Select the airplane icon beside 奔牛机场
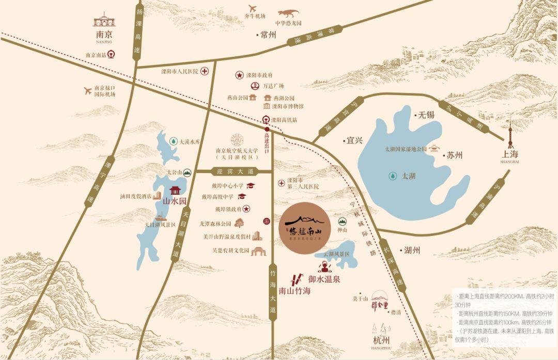point(253,8)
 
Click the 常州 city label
point(269,35)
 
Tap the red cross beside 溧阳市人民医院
point(205,71)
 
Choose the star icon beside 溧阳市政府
point(240,75)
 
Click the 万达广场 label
point(273,86)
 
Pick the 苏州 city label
point(455,155)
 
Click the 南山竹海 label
point(295,291)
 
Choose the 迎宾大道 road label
point(236,171)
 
